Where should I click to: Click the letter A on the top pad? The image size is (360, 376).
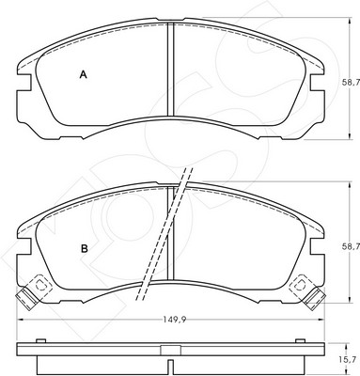click(x=83, y=74)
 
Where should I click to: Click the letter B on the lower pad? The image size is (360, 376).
click(x=85, y=249)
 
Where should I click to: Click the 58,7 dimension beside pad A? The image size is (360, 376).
click(x=350, y=83)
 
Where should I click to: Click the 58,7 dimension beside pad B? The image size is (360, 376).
click(x=350, y=247)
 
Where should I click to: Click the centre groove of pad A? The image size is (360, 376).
click(x=170, y=69)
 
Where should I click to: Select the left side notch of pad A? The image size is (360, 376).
click(x=24, y=83)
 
